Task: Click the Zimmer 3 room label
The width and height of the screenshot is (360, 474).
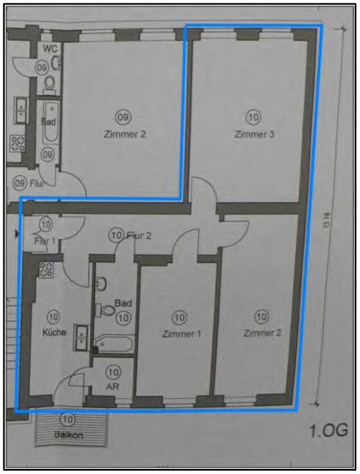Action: pyautogui.click(x=254, y=134)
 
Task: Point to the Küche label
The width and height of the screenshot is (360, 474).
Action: pyautogui.click(x=54, y=332)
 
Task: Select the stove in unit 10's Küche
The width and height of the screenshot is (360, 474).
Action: pyautogui.click(x=46, y=270)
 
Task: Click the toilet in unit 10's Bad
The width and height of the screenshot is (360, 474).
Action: pyautogui.click(x=106, y=310)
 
